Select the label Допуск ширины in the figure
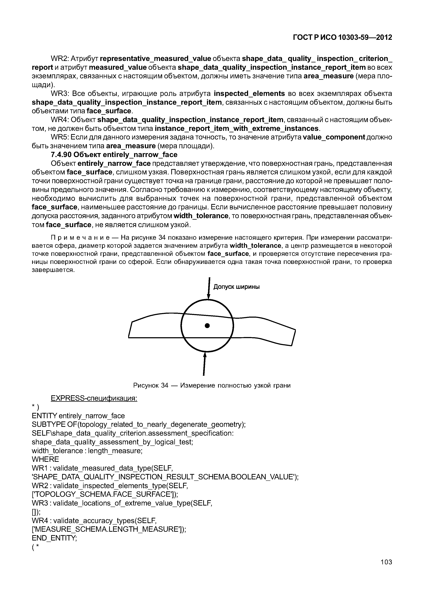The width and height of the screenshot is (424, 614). (236, 287)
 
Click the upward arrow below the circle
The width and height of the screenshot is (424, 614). (204, 364)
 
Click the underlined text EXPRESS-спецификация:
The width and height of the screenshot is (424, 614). (94, 398)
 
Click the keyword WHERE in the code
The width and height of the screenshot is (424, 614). (45, 459)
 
